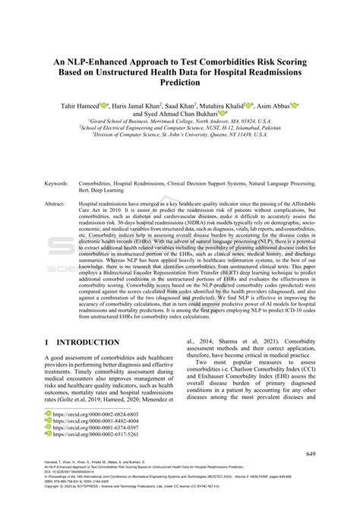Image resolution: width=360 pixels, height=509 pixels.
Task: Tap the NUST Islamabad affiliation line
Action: click(180, 128)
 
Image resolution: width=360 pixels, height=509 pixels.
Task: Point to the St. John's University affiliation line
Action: click(180, 137)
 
